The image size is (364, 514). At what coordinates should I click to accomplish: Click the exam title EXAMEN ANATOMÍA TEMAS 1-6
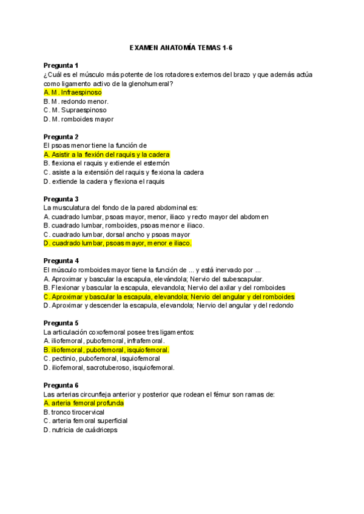[182, 47]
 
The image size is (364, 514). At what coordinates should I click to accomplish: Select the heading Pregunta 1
[61, 65]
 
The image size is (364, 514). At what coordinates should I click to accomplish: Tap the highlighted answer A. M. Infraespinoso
[73, 92]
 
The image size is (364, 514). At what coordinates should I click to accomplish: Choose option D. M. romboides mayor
[79, 119]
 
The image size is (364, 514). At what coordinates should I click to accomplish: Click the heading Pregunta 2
[61, 136]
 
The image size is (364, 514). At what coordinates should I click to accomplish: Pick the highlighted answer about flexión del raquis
[107, 155]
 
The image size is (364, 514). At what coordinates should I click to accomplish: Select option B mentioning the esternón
[107, 163]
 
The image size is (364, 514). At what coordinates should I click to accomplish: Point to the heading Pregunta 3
[61, 199]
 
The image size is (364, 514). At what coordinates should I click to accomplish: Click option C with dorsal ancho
[117, 234]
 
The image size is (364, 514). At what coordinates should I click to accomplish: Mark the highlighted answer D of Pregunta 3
[118, 243]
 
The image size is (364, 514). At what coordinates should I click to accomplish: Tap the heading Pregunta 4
[61, 261]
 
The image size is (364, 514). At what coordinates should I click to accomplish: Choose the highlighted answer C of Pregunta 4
[169, 297]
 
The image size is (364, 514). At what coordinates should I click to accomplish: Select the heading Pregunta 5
[61, 323]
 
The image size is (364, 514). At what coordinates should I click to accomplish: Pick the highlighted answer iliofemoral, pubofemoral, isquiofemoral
[107, 350]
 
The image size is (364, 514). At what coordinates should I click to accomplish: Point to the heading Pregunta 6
[61, 385]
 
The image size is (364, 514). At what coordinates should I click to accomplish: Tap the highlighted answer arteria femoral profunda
[84, 403]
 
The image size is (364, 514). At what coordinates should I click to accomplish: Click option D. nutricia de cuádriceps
[81, 430]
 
